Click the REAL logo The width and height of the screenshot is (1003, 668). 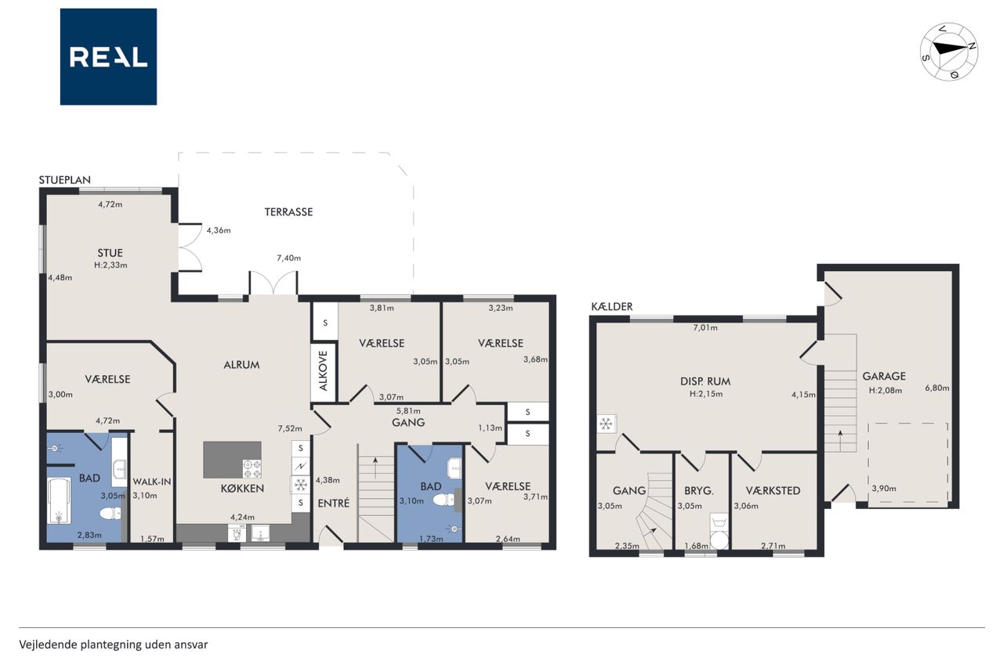108,57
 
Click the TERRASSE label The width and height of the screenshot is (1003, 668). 288,211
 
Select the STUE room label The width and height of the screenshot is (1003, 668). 110,253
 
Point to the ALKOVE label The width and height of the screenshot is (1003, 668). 324,371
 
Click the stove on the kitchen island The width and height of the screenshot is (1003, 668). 252,469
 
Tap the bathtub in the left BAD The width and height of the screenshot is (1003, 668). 59,500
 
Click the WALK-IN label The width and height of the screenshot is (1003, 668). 152,482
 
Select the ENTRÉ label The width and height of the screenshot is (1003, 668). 334,504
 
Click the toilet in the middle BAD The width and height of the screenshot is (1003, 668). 444,499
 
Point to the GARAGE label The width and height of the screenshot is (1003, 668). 884,376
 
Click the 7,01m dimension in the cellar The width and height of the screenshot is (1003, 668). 705,328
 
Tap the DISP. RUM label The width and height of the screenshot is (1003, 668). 705,381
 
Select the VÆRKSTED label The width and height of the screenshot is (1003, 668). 773,491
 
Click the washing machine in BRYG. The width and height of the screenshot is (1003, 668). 719,531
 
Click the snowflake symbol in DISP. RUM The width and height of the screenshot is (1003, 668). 607,424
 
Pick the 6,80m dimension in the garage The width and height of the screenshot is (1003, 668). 937,388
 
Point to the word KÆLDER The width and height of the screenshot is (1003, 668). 612,307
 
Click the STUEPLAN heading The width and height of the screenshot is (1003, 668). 65,180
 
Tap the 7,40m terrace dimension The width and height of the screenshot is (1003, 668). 289,258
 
